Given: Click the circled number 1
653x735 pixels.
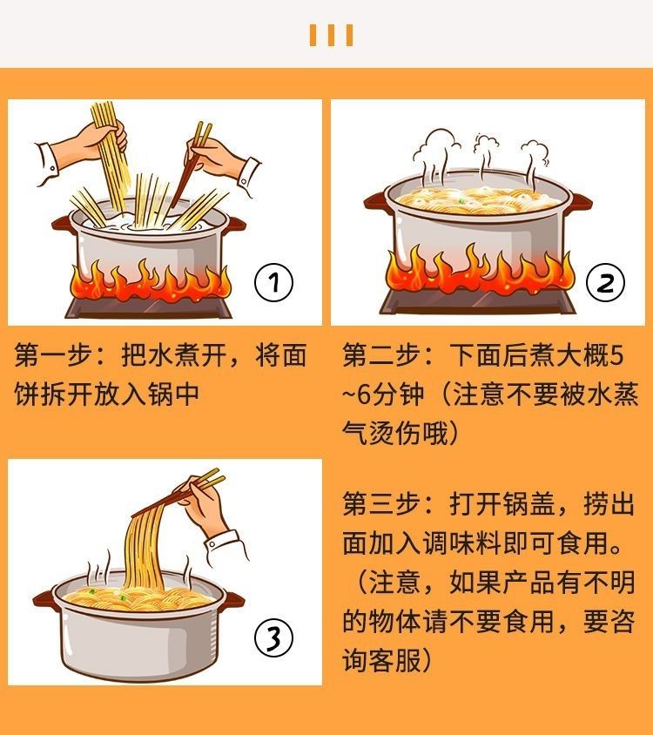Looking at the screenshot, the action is [273, 282].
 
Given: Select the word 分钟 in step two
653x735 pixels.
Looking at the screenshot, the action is [402, 394].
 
